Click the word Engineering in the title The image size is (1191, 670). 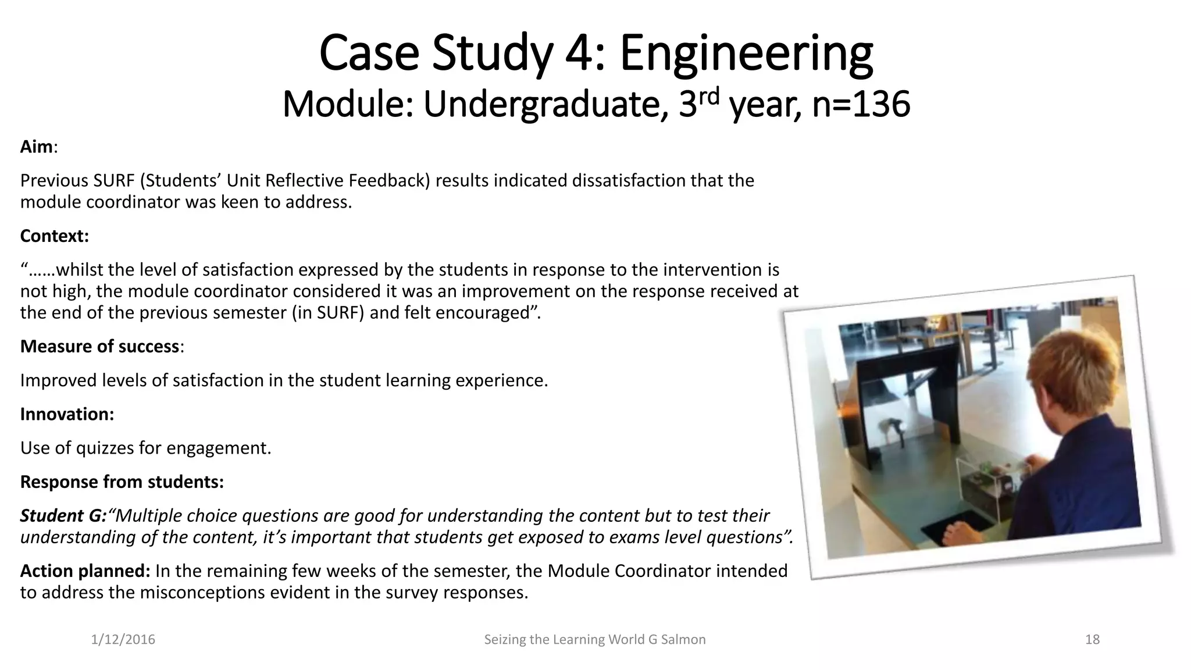[746, 54]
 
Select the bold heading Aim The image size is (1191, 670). [36, 147]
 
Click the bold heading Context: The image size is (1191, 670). [55, 236]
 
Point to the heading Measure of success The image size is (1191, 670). [99, 347]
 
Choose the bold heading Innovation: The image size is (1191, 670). [67, 414]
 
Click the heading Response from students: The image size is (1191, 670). [122, 482]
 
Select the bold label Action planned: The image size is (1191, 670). [85, 571]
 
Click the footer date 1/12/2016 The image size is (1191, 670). [123, 640]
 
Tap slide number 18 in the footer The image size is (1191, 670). [1092, 640]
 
